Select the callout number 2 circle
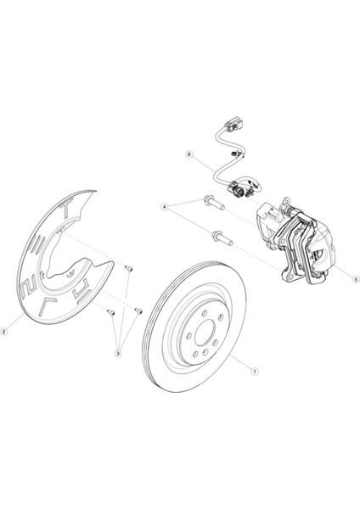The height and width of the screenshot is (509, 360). tap(8, 332)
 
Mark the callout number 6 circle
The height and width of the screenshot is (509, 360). tap(189, 154)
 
